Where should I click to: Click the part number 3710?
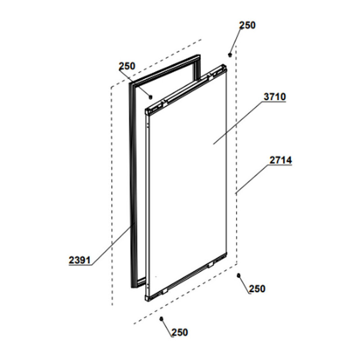pyautogui.click(x=275, y=97)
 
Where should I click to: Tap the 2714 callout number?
pyautogui.click(x=281, y=160)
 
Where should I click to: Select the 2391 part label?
pyautogui.click(x=80, y=260)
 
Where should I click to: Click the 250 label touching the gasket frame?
pyautogui.click(x=126, y=66)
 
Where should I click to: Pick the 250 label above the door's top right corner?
pyautogui.click(x=247, y=26)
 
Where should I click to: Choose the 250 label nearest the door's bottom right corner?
pyautogui.click(x=257, y=289)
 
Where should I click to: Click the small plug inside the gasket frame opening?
pyautogui.click(x=150, y=96)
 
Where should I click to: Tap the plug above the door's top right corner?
pyautogui.click(x=230, y=55)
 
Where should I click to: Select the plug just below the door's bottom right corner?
pyautogui.click(x=238, y=275)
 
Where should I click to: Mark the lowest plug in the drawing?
pyautogui.click(x=161, y=319)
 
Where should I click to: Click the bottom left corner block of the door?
pyautogui.click(x=148, y=297)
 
